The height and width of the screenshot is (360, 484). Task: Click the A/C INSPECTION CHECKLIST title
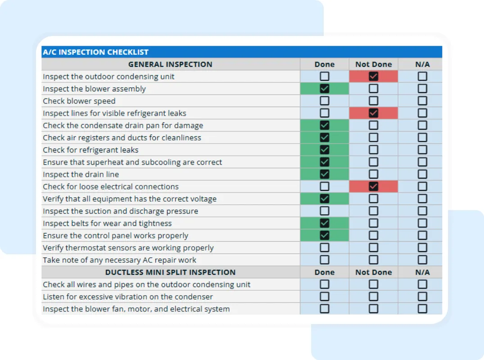pos(95,52)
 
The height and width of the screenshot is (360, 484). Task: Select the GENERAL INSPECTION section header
pos(170,64)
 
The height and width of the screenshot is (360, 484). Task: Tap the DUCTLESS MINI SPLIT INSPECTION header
pos(170,272)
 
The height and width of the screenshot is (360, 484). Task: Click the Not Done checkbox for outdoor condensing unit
pos(373,76)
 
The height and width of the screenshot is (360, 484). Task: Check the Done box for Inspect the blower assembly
pos(324,89)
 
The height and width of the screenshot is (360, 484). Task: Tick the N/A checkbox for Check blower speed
pos(422,101)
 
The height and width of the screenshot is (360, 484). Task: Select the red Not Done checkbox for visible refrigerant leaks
pos(373,113)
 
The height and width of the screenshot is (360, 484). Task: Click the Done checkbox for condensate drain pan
pos(324,125)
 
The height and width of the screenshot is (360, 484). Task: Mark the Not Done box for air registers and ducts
pos(373,138)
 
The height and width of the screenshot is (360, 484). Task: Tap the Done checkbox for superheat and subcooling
pos(324,162)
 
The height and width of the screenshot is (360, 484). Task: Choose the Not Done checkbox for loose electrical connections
pos(373,186)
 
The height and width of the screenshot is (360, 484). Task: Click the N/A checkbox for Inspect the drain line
pos(422,174)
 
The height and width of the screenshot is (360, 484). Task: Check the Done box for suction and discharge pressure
pos(324,211)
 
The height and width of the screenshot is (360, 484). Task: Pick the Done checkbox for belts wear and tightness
pos(324,223)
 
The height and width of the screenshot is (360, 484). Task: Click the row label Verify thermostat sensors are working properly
pos(128,248)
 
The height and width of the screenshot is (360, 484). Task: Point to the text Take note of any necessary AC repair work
pos(119,260)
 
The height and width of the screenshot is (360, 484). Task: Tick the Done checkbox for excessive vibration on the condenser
pos(324,297)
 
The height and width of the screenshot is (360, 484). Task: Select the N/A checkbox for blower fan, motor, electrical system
pos(422,309)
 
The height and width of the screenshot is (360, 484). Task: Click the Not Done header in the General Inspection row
pos(373,64)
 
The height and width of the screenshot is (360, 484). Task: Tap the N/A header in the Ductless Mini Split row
pos(422,272)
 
